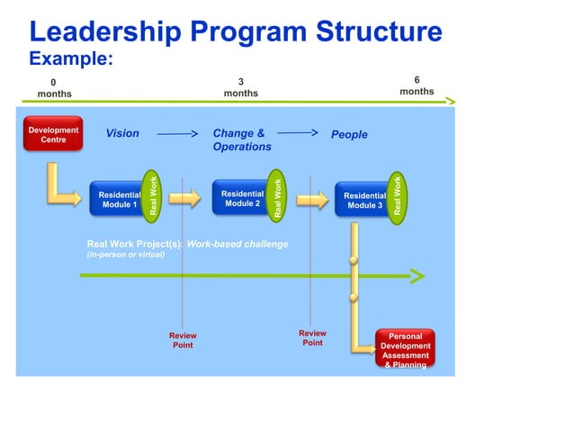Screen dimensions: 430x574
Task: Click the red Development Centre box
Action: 53,135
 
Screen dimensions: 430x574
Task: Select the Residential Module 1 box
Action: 117,199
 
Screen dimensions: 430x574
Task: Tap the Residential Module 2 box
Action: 241,198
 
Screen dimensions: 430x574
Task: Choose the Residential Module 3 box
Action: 363,200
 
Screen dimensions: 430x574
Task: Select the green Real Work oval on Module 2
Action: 278,194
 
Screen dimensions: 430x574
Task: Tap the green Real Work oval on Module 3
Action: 398,194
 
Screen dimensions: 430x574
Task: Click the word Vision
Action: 122,134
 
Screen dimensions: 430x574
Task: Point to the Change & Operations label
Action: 241,139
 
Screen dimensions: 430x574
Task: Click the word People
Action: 349,135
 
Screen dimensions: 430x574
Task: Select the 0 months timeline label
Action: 54,88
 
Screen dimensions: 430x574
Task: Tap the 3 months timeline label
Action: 240,88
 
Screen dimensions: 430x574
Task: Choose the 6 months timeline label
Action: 417,85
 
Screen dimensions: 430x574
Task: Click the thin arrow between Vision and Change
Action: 177,134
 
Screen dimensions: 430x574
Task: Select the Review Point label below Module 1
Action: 183,340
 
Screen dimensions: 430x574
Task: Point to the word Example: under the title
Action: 71,59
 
